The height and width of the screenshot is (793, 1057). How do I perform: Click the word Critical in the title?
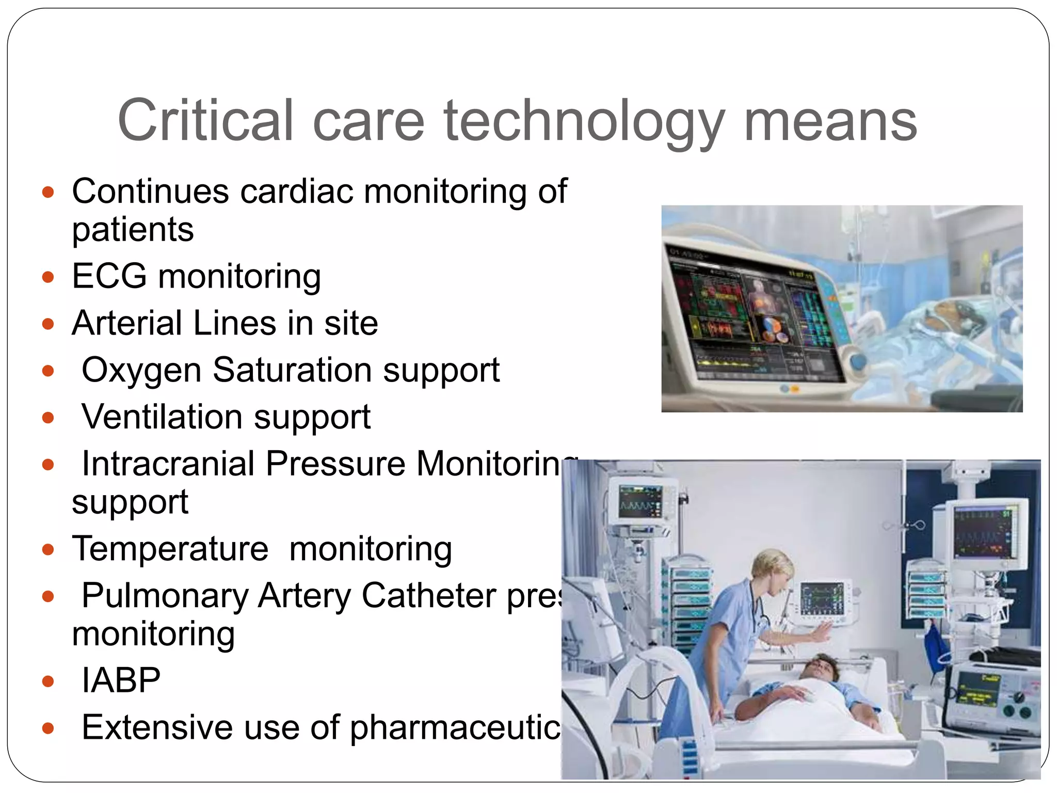(x=205, y=120)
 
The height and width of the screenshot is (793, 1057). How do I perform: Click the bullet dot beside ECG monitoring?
(x=48, y=277)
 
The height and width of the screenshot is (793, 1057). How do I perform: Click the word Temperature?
(x=170, y=548)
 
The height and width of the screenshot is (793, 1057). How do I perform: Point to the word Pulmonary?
(x=165, y=595)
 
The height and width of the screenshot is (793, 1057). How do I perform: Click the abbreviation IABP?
(x=121, y=680)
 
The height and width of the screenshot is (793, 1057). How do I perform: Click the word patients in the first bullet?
(x=133, y=230)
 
